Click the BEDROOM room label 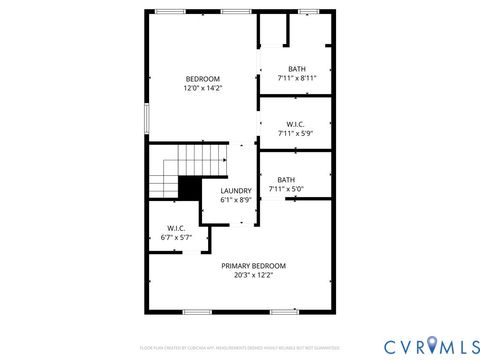[203, 78]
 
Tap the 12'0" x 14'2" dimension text [203, 88]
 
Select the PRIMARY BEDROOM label [253, 265]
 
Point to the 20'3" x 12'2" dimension [253, 275]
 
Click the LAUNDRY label [236, 190]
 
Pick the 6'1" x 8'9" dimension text [236, 200]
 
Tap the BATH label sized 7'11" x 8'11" [297, 68]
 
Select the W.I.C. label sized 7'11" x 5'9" [296, 124]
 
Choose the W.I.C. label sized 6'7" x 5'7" [177, 228]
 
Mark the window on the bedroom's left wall [148, 118]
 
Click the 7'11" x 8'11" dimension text [297, 78]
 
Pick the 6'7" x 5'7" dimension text [177, 238]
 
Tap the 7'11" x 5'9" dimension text [296, 134]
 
